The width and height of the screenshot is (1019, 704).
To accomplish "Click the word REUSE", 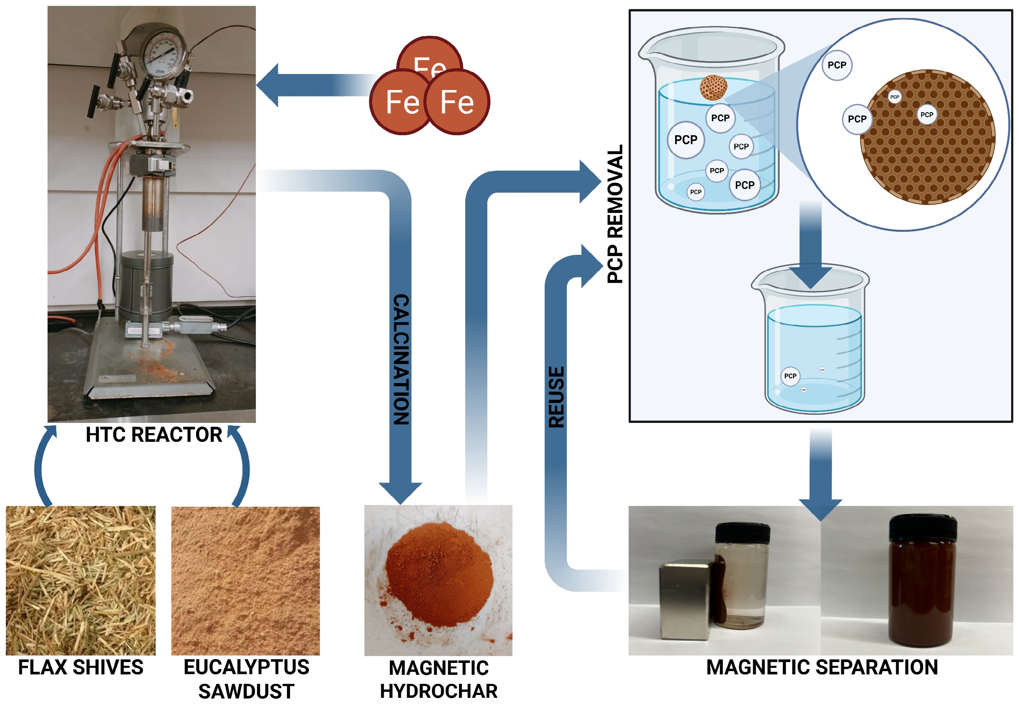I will point(556,397).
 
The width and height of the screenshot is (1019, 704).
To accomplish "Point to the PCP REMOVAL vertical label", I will point(615,214).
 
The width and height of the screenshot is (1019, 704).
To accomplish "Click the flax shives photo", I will point(81,580).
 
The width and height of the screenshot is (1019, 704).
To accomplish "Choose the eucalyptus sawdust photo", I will point(245,580).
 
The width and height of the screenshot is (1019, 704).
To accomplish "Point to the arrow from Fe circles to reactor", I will point(313,85).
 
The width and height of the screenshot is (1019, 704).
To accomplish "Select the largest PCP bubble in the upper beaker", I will point(686,140).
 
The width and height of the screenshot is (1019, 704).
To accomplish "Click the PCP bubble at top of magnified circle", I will point(837,65).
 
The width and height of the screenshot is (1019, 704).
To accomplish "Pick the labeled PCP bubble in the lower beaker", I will point(790,376).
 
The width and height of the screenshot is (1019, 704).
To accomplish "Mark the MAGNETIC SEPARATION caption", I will point(822,667).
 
